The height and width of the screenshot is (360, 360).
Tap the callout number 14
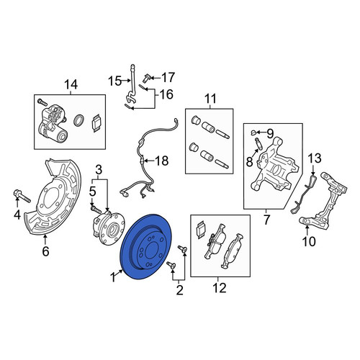(71, 85)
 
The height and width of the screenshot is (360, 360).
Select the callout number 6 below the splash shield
(45, 251)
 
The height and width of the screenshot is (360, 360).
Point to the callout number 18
(162, 161)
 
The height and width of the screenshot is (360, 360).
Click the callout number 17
(168, 78)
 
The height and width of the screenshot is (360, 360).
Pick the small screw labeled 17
(146, 78)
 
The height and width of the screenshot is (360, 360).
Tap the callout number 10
(309, 241)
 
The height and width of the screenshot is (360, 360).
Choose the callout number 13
(315, 158)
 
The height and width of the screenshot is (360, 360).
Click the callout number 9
(270, 134)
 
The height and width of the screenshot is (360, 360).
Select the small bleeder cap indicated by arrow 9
(253, 132)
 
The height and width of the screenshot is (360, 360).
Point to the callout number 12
(220, 287)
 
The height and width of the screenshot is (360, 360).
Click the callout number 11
(210, 99)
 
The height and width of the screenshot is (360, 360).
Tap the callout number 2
(179, 290)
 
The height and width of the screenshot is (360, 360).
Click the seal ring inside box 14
(78, 120)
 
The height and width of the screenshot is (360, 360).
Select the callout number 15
(114, 81)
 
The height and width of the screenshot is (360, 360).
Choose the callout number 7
(266, 220)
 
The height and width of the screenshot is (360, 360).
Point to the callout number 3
(99, 170)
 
